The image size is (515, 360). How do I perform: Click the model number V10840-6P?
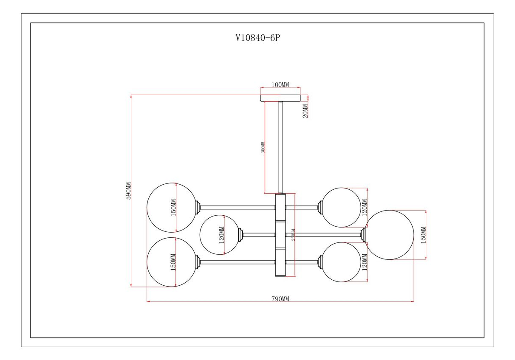coord(258,38)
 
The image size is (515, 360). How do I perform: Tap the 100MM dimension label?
coord(280,85)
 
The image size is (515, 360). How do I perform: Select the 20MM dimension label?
coord(306,110)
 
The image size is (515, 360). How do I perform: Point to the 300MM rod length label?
coord(263,147)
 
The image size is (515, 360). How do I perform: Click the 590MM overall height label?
coord(128,191)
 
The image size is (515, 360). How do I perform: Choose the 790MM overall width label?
coord(280,298)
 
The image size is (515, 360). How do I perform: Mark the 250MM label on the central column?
coord(292,235)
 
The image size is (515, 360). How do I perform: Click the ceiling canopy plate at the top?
coord(280,98)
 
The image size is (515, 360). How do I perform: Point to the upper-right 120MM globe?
coord(342,208)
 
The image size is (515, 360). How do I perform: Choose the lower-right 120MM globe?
coord(342,262)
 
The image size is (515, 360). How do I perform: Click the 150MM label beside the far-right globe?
coord(423,235)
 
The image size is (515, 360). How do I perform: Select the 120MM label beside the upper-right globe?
coord(365,208)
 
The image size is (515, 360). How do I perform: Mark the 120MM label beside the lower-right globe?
coord(365,262)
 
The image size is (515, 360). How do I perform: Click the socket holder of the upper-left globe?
coord(198,208)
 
